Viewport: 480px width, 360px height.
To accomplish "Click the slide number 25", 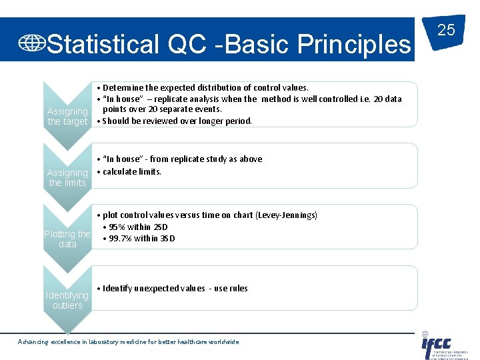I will point(446,30).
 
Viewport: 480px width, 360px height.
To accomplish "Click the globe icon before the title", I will point(31,43).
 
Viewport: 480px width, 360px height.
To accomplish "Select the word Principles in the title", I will point(354,44).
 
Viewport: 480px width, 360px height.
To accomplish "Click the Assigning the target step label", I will point(67,117).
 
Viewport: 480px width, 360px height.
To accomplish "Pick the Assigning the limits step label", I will point(67,177).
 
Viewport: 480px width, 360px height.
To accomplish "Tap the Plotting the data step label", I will point(67,239).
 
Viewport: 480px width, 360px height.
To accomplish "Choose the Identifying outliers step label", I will point(67,300).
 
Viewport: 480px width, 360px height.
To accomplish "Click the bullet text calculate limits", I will point(131,171).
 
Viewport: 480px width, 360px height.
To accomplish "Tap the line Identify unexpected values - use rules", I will point(175,288).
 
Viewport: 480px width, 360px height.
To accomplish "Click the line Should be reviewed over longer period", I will point(177,121).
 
